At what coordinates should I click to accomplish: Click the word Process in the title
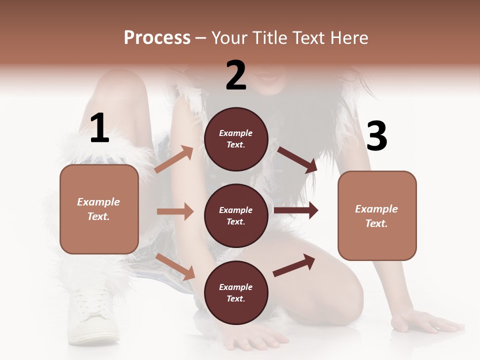[x=157, y=37]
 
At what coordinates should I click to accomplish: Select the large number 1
[x=99, y=128]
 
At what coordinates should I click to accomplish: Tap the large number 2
[x=236, y=75]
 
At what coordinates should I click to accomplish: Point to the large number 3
[x=376, y=136]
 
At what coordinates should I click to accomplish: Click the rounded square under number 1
[x=99, y=209]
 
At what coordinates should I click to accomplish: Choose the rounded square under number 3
[x=377, y=215]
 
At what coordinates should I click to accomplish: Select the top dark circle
[x=236, y=139]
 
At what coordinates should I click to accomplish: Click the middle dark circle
[x=236, y=215]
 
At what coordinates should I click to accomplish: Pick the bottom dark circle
[x=236, y=292]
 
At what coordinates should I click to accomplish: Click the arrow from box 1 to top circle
[x=174, y=159]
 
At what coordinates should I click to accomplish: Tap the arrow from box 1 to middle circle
[x=175, y=211]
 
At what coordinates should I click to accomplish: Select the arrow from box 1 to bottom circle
[x=175, y=266]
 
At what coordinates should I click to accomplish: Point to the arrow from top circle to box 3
[x=297, y=159]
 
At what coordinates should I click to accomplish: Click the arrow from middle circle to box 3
[x=296, y=210]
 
